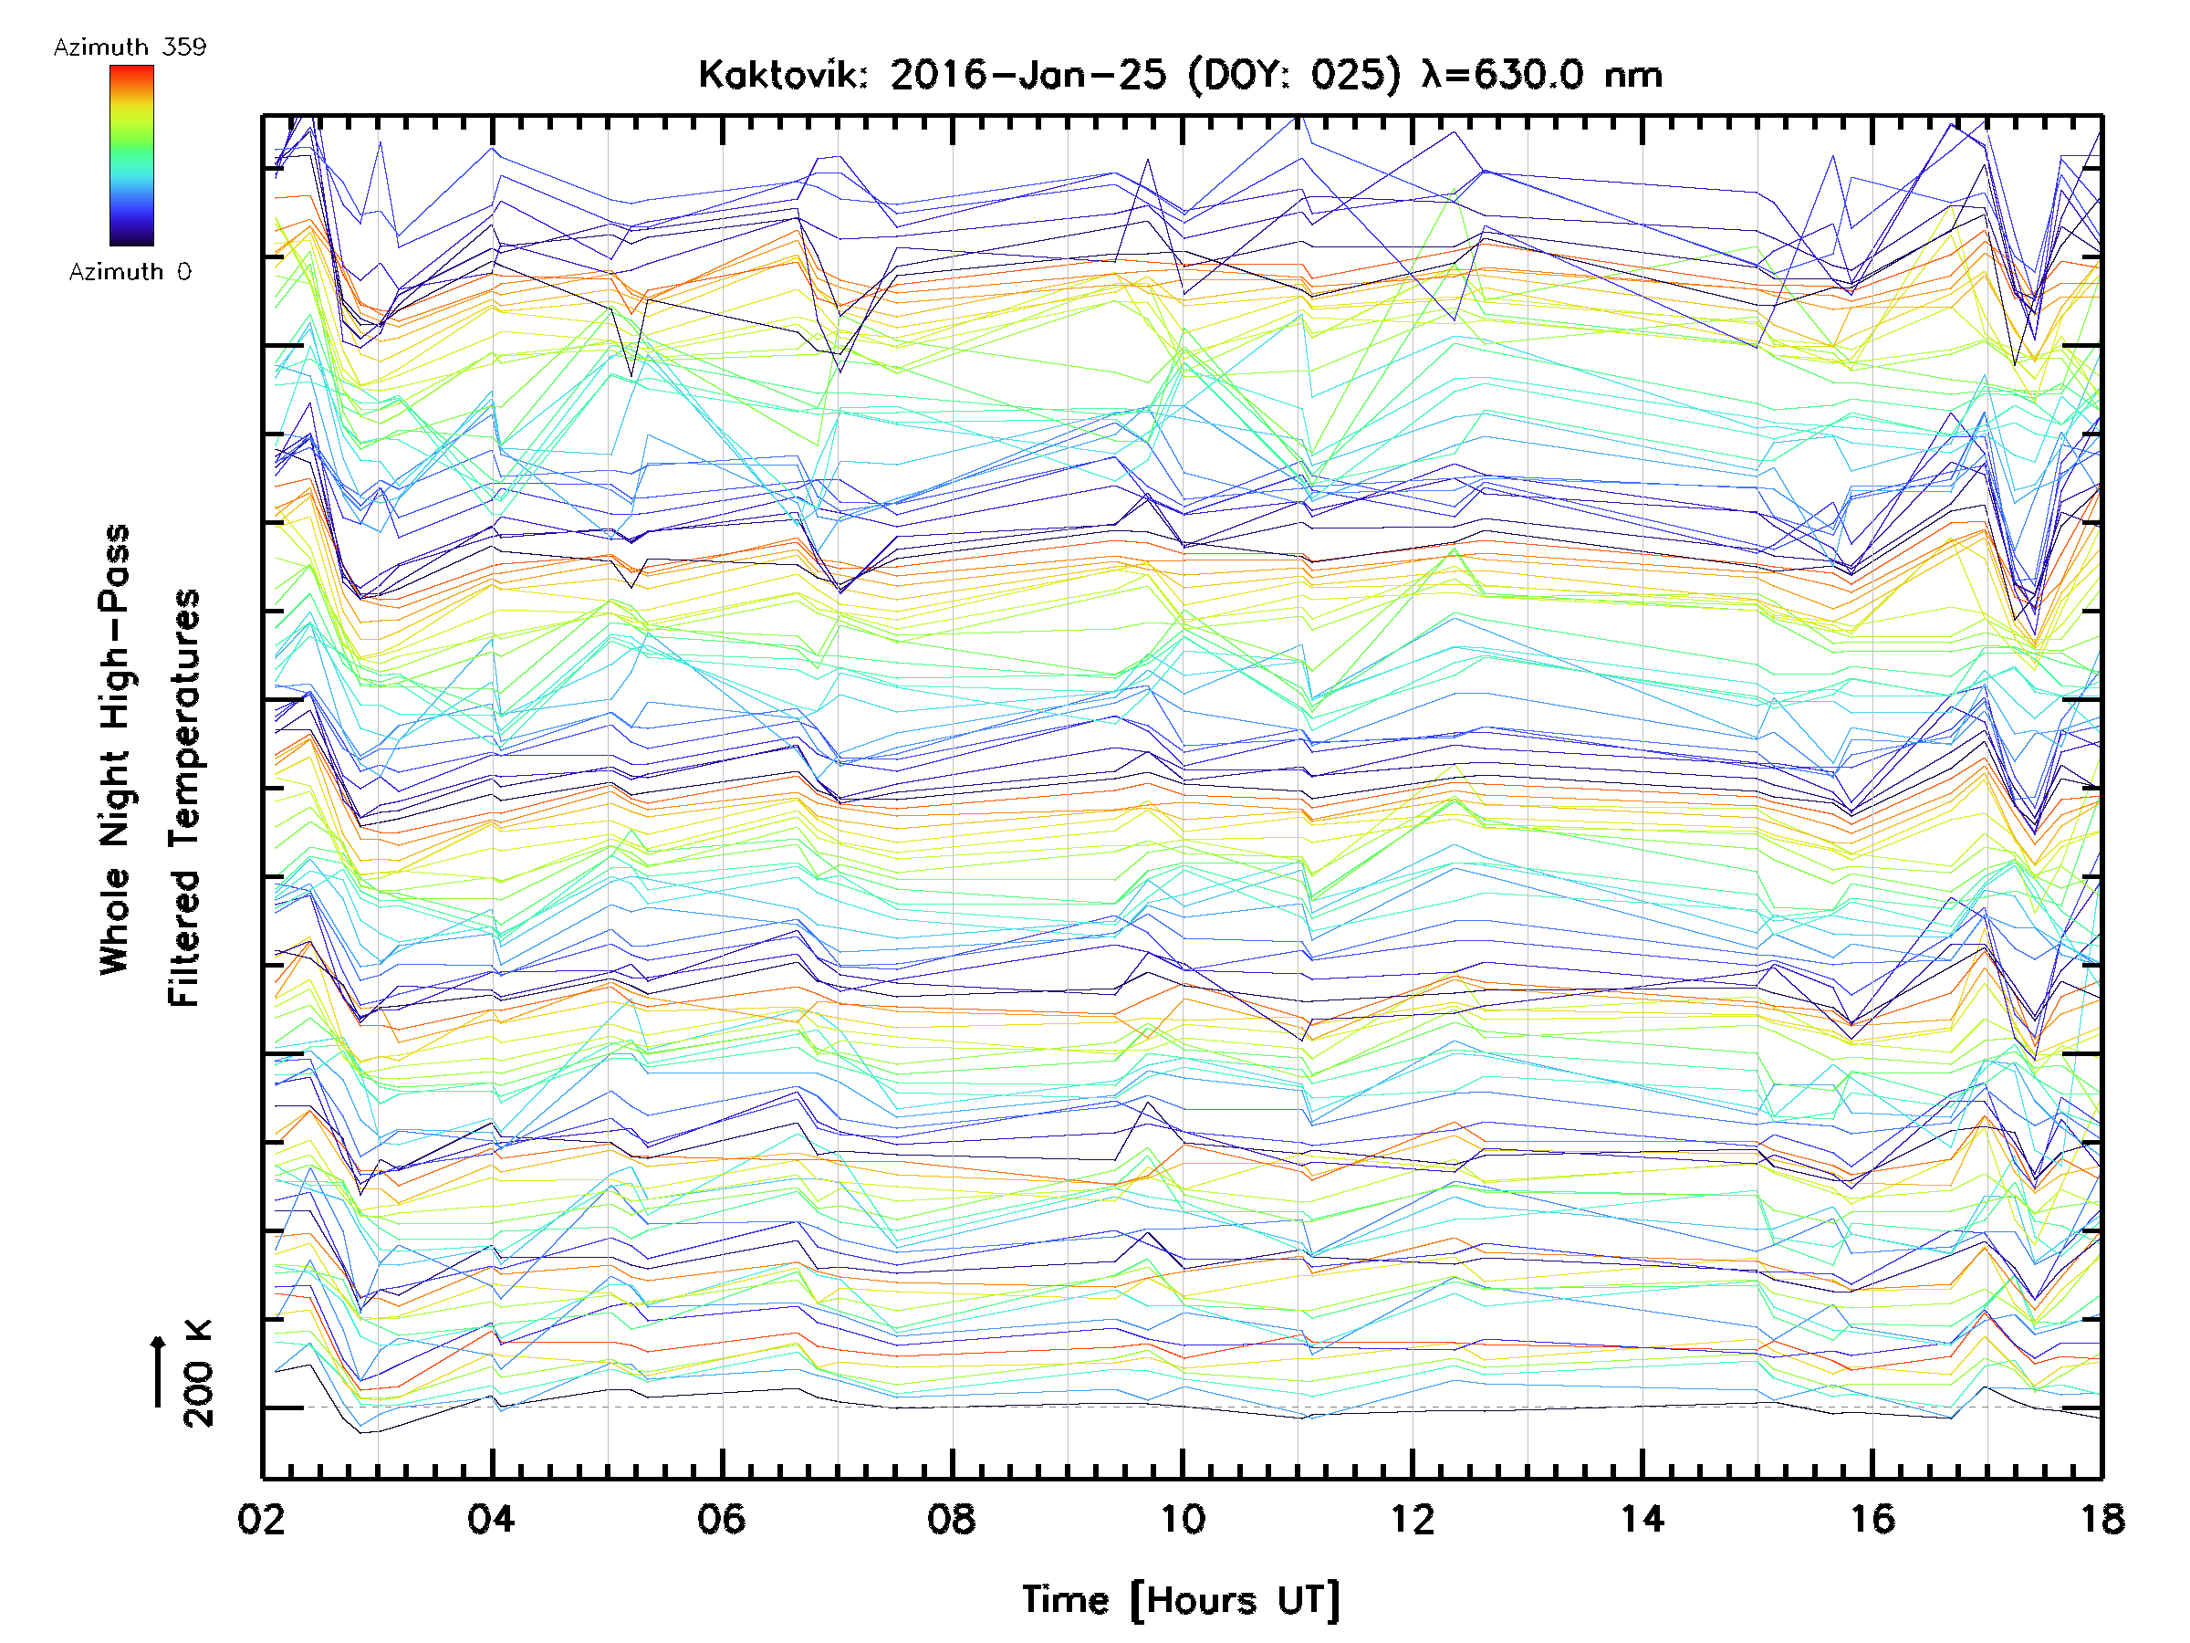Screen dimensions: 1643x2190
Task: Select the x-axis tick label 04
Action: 491,1519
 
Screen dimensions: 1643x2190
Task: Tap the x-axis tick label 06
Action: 721,1519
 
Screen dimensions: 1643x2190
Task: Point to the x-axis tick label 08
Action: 952,1519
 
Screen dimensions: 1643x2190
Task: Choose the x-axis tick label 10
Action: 1181,1519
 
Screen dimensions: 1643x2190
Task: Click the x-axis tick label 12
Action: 1412,1519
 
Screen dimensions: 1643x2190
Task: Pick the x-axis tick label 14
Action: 1642,1519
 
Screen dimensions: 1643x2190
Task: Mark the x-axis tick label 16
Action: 1872,1519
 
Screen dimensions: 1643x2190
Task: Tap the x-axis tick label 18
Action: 2101,1519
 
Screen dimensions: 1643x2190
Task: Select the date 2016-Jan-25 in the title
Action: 1027,75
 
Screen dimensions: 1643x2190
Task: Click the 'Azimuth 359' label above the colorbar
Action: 130,47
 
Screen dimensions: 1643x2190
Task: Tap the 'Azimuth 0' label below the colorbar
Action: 130,271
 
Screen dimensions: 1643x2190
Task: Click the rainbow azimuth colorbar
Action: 131,155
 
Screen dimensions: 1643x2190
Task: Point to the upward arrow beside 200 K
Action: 159,1371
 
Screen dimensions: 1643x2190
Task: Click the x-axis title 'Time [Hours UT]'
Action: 1181,1600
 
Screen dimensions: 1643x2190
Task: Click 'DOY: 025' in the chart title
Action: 1295,75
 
